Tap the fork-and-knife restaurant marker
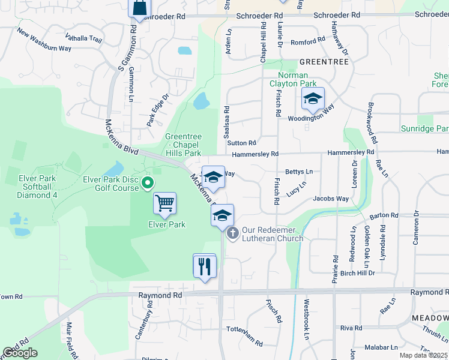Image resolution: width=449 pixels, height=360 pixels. point(204,265)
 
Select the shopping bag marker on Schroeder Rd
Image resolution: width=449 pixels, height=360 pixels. point(139,8)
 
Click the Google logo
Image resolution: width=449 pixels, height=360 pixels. point(20,353)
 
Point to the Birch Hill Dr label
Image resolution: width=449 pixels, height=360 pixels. point(357,273)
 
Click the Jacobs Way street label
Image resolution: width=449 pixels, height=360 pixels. point(331,199)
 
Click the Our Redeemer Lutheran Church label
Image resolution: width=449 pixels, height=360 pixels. point(273,235)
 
